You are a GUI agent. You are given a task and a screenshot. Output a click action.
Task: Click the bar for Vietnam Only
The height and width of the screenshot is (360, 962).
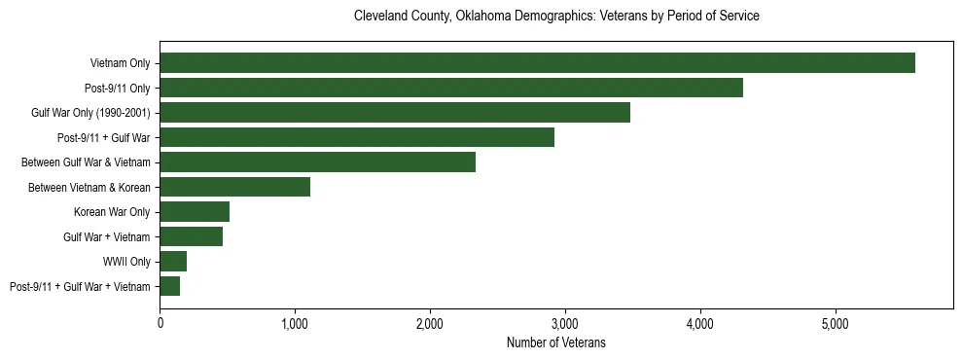[537, 62]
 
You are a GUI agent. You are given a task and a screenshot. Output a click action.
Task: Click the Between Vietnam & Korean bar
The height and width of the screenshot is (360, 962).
[234, 187]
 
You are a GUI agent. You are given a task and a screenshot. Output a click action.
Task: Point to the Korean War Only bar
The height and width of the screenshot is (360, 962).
[195, 211]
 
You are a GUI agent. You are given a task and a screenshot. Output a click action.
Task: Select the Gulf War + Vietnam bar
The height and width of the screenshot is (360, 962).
[191, 236]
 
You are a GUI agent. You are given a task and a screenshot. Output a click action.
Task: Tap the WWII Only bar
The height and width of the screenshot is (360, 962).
[173, 261]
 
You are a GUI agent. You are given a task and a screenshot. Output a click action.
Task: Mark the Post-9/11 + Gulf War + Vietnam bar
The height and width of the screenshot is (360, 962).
[170, 286]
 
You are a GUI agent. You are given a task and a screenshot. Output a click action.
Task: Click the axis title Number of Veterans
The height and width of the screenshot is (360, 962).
[556, 342]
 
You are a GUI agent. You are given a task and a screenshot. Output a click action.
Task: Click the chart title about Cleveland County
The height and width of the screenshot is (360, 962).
[556, 17]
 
